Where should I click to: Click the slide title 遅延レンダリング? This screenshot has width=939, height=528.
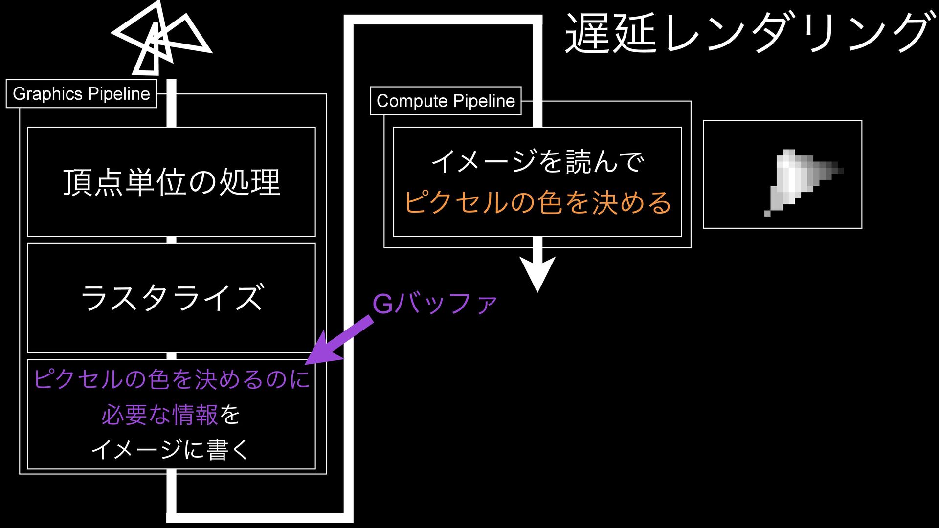click(x=747, y=33)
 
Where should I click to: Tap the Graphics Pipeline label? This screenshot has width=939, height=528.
click(x=81, y=94)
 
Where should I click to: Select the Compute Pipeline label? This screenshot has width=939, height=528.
click(x=446, y=101)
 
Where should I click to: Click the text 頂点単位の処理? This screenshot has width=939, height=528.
click(x=172, y=182)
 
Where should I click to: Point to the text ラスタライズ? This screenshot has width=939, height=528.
click(x=172, y=298)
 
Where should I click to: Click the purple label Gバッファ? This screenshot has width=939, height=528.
click(x=435, y=304)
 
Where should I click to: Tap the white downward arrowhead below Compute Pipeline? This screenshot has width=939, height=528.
click(x=537, y=274)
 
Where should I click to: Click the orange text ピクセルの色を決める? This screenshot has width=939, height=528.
click(x=537, y=202)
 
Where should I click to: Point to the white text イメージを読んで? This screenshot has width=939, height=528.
click(x=537, y=162)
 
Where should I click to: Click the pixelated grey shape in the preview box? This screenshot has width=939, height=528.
click(x=792, y=178)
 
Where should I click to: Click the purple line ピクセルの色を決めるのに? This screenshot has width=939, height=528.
click(x=172, y=379)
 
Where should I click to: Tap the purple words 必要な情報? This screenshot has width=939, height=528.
click(x=160, y=415)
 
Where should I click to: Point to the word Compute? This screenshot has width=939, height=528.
click(x=412, y=101)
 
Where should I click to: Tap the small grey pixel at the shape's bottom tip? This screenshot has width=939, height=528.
click(x=767, y=213)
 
